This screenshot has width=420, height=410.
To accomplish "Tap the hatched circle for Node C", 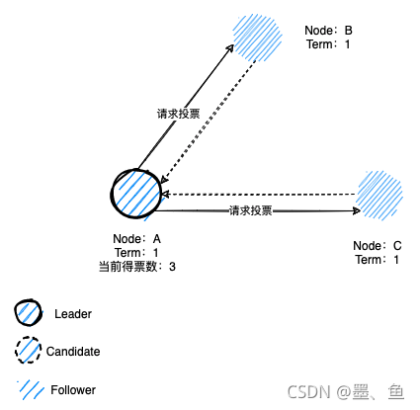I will [x=380, y=194].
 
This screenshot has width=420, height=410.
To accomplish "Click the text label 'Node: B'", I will [x=329, y=31].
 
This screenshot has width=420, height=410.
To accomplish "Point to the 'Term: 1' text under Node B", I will [x=328, y=44].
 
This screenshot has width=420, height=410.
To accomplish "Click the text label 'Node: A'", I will [x=137, y=239].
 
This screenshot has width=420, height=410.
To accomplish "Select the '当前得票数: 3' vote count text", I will [x=137, y=266].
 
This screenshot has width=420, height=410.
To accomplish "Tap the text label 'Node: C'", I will [x=377, y=245].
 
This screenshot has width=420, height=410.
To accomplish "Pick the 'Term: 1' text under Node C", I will [x=377, y=259].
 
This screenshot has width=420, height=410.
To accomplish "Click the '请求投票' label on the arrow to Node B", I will [x=178, y=114].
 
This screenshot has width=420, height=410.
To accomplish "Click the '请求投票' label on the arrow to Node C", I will [x=250, y=210].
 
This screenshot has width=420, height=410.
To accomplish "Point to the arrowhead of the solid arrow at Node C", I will [x=355, y=210].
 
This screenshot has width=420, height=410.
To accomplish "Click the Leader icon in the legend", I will [x=30, y=314].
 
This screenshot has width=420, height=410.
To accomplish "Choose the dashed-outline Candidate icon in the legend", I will [x=30, y=351].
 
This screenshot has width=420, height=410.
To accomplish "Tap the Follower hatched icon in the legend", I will [x=30, y=388].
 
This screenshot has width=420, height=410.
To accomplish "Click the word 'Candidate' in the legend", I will [x=73, y=351].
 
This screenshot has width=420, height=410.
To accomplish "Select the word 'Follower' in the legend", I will [x=73, y=389].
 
